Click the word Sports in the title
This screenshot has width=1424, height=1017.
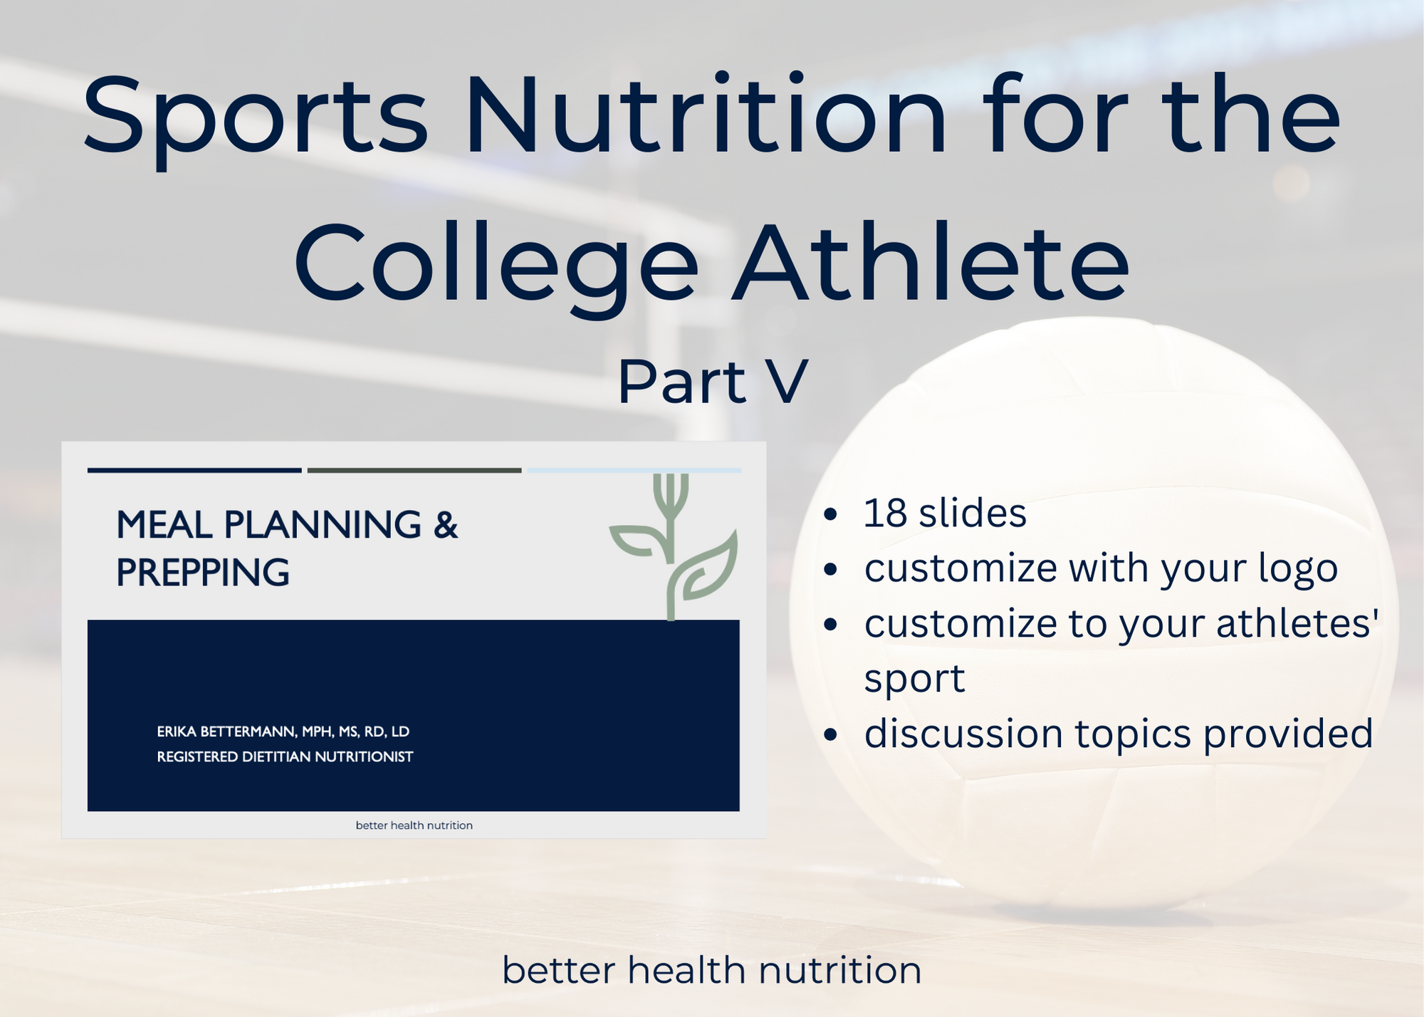click(x=255, y=118)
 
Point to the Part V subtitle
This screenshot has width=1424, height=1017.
click(x=712, y=382)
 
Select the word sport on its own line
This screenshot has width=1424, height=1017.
click(x=914, y=678)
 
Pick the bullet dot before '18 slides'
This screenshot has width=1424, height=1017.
click(x=830, y=514)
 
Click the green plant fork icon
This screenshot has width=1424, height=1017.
click(x=671, y=545)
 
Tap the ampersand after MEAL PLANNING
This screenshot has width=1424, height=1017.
click(x=445, y=525)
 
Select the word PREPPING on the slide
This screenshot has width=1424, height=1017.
click(x=203, y=573)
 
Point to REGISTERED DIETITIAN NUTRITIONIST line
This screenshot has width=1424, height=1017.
click(x=285, y=756)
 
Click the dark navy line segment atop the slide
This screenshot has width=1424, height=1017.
click(x=194, y=470)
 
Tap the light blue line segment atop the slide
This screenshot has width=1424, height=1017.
click(x=634, y=470)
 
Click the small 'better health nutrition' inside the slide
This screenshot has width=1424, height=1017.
click(x=414, y=825)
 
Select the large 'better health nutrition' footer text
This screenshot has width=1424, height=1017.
click(x=712, y=970)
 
